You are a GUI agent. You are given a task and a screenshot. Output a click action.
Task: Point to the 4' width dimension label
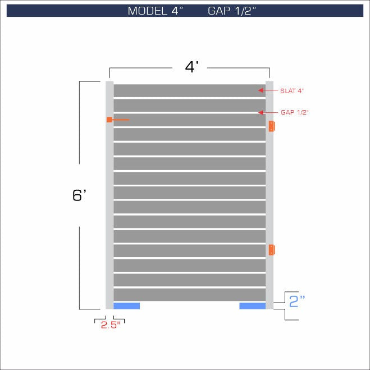point(192,67)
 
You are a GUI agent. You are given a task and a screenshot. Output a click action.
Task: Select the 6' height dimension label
point(79,195)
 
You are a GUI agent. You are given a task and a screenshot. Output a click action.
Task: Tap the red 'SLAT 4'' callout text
point(292,90)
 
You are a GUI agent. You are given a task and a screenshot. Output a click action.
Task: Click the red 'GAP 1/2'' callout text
point(294,112)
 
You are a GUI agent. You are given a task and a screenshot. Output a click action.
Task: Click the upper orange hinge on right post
point(272,126)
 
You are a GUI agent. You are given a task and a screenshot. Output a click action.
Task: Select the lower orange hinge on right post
point(272,250)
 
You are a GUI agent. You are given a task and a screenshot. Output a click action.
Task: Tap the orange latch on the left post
point(110,120)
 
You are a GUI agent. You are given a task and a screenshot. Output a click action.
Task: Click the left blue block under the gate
point(126,306)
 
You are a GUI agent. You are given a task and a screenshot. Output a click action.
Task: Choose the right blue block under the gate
point(252,306)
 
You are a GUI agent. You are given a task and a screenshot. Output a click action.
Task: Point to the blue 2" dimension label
point(296,302)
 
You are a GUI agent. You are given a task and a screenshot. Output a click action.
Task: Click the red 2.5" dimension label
point(111,325)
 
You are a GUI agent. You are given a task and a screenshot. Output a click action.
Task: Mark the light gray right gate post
point(269,191)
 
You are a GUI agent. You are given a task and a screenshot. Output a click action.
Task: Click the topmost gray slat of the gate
point(189,90)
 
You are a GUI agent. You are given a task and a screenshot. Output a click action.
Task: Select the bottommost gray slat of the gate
point(189,295)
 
